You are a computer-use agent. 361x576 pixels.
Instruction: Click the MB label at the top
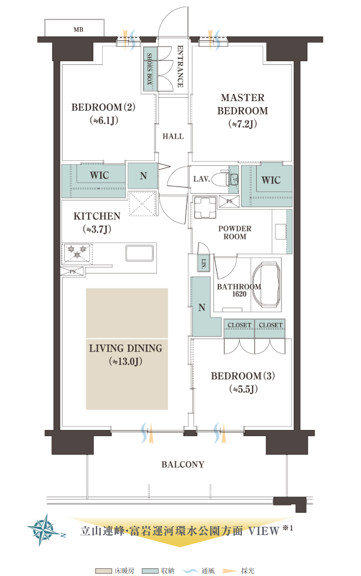point(78,30)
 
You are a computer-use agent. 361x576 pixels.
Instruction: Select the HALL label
point(173,137)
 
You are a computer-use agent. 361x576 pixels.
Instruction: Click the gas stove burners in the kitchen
point(78,252)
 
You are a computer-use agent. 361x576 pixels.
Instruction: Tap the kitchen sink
point(140,252)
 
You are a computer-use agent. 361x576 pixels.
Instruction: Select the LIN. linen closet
point(204,263)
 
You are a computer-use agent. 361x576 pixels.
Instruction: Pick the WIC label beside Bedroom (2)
point(99,175)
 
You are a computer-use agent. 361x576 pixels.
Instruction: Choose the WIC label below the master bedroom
point(271,180)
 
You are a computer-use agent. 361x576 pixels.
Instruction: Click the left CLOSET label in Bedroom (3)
point(240,325)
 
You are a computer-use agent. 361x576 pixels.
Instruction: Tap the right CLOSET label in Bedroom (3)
point(271,325)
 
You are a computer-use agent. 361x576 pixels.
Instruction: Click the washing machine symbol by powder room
point(205,208)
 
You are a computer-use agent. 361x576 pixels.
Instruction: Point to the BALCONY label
point(183,464)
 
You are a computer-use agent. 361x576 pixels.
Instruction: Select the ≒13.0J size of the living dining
point(125,361)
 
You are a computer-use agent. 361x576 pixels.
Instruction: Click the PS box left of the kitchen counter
point(73,272)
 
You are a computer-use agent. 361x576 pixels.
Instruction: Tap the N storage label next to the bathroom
point(202,307)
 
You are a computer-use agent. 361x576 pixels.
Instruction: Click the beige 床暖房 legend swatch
point(103,571)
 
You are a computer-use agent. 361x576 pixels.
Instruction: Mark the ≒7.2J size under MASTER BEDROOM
point(243,124)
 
